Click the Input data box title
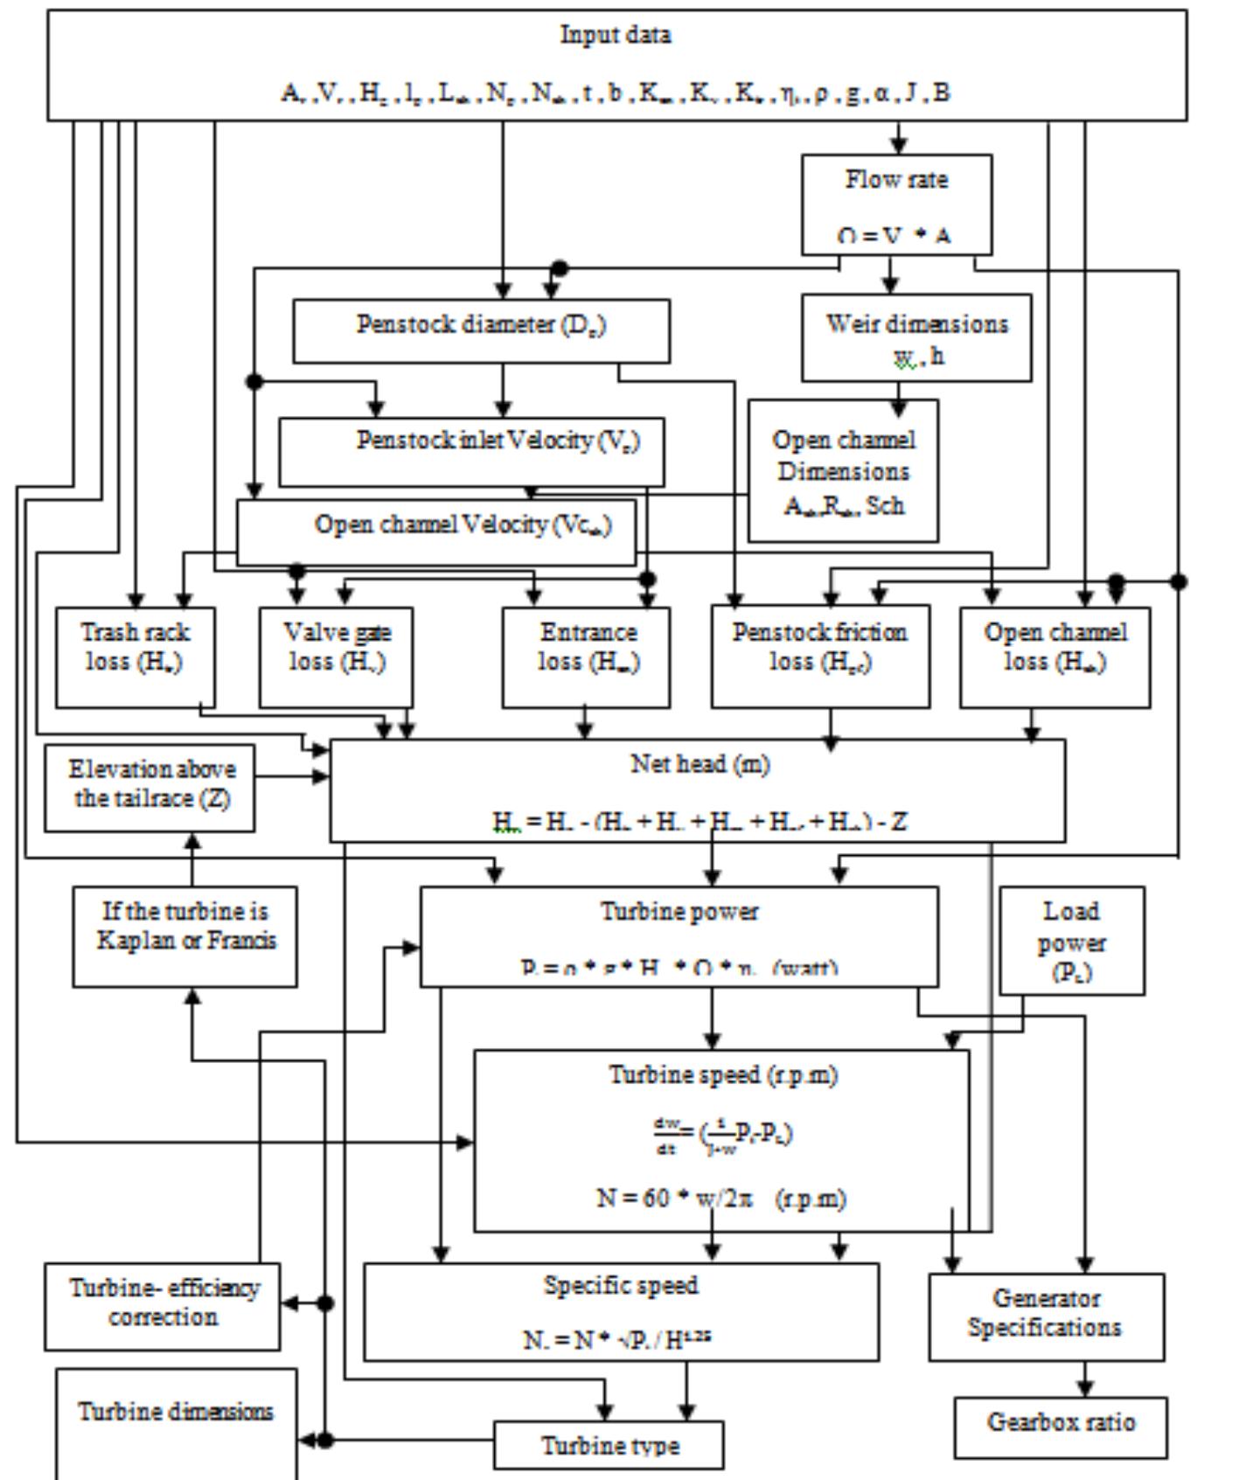pyautogui.click(x=616, y=36)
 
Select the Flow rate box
pyautogui.click(x=896, y=205)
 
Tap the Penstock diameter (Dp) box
pyautogui.click(x=481, y=330)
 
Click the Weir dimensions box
pyautogui.click(x=915, y=337)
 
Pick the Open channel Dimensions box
pyautogui.click(x=843, y=471)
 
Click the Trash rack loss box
pyautogui.click(x=135, y=657)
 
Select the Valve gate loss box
pyautogui.click(x=337, y=657)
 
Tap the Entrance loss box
pyautogui.click(x=586, y=657)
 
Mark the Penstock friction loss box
pyautogui.click(x=820, y=657)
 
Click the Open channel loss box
pyautogui.click(x=1055, y=657)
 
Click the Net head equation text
pyautogui.click(x=700, y=822)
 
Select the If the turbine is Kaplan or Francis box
pyautogui.click(x=184, y=936)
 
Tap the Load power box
pyautogui.click(x=1071, y=941)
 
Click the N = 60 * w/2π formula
pyautogui.click(x=721, y=1199)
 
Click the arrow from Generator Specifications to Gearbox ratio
pyautogui.click(x=1085, y=1379)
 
